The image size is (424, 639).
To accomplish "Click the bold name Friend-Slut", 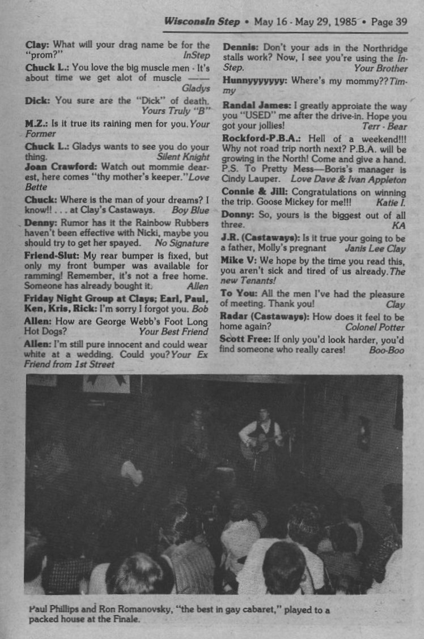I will click(x=51, y=255).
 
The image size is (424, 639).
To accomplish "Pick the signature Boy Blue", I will click(x=190, y=210).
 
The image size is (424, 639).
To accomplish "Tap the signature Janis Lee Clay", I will click(x=375, y=248).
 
